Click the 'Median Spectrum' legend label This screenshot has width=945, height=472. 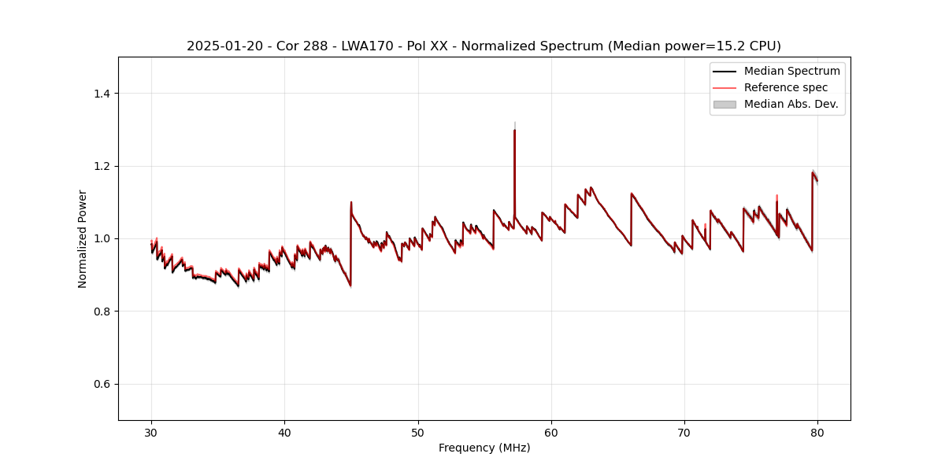(791, 71)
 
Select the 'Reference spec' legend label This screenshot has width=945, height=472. (786, 87)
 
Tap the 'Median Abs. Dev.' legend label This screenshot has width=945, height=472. (791, 104)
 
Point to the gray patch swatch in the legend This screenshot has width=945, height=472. (724, 104)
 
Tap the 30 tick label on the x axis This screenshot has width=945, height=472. (151, 433)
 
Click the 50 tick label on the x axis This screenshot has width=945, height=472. (418, 433)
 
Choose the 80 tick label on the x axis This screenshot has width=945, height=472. (817, 433)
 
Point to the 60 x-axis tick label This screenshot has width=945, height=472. (551, 433)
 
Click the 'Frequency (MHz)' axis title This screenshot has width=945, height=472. (484, 448)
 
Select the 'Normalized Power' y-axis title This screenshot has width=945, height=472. (83, 238)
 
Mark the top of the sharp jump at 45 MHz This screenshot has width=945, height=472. (351, 202)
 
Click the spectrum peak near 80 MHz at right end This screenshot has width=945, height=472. (813, 171)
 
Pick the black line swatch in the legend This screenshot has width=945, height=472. (724, 71)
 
